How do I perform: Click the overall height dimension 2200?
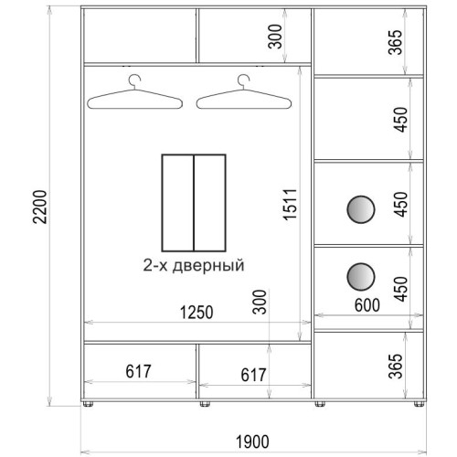(x=40, y=207)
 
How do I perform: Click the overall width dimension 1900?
(x=252, y=441)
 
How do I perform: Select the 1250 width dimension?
(x=197, y=313)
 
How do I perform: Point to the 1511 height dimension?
(x=290, y=204)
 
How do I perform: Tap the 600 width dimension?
(x=367, y=305)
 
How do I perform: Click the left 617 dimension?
(x=138, y=371)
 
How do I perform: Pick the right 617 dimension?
(x=253, y=375)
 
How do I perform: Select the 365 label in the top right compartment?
(x=396, y=42)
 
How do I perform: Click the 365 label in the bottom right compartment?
(x=396, y=366)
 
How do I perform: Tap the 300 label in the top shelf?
(x=275, y=37)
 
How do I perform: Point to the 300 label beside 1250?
(x=260, y=302)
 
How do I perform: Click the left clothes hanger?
(x=134, y=92)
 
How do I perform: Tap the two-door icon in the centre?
(x=194, y=203)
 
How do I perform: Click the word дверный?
(x=208, y=265)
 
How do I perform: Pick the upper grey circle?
(x=361, y=209)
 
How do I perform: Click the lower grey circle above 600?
(x=361, y=277)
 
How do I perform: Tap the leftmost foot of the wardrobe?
(x=88, y=404)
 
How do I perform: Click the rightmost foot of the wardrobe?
(x=419, y=404)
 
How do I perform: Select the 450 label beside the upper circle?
(x=400, y=204)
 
